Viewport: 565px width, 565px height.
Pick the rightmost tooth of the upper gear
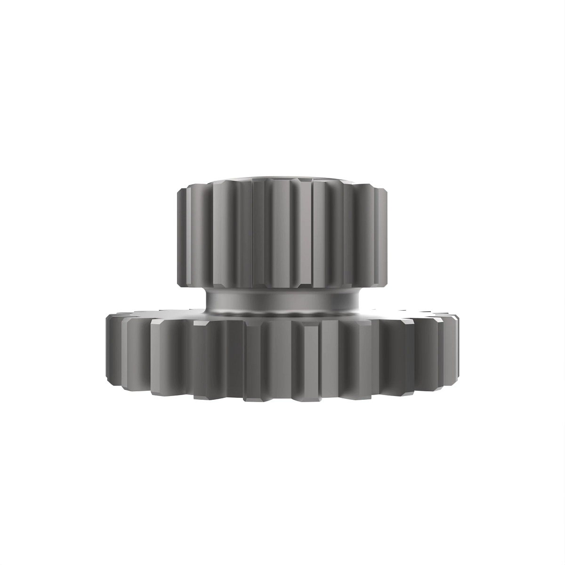pyautogui.click(x=383, y=235)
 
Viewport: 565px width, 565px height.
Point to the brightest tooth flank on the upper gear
pyautogui.click(x=306, y=235)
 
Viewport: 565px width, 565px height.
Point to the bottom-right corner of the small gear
pyautogui.click(x=386, y=284)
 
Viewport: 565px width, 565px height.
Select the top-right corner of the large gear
pyautogui.click(x=456, y=316)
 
